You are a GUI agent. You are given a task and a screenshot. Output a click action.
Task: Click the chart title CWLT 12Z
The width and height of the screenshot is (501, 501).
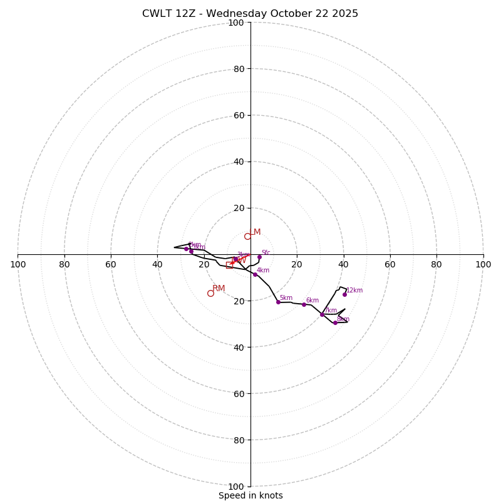tap(250, 14)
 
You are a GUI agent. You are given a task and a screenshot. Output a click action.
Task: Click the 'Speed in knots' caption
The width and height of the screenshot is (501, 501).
tap(250, 495)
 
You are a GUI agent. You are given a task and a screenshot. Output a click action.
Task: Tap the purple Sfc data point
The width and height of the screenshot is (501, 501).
tap(259, 257)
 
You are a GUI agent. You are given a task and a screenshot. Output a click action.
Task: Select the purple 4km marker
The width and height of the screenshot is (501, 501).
tap(255, 274)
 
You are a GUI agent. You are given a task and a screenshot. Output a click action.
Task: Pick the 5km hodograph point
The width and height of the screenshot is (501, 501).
tap(278, 302)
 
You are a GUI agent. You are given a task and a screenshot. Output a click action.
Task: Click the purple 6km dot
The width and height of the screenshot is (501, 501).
tap(304, 304)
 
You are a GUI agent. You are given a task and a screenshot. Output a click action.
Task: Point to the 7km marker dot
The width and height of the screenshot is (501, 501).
tap(322, 314)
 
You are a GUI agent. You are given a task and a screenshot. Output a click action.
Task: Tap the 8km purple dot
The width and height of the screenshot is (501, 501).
tap(335, 323)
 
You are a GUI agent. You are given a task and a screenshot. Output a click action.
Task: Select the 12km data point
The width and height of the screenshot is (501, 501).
tap(344, 294)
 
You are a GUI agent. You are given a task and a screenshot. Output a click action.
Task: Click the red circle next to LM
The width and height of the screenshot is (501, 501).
tap(247, 236)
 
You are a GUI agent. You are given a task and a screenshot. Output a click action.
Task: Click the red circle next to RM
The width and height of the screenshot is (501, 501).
tap(210, 293)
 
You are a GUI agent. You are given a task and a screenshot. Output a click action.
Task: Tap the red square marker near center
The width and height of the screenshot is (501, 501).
tap(229, 266)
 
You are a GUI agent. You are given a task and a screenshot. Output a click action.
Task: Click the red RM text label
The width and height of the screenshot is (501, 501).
tap(219, 289)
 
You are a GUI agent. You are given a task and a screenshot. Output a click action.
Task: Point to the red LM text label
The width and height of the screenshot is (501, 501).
tap(256, 232)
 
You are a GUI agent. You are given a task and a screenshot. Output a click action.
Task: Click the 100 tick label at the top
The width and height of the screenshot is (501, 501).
tap(236, 23)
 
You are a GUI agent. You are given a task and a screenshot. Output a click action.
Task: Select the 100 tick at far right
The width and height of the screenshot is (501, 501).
tap(483, 264)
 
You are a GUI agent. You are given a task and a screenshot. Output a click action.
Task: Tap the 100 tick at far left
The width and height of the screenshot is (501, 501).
tap(18, 264)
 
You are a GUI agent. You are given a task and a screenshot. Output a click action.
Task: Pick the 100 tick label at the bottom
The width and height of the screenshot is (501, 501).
tap(236, 487)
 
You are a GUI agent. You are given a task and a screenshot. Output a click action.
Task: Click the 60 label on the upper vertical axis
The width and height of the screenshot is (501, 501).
tap(239, 115)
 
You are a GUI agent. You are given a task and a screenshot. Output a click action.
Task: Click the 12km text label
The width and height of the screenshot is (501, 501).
tap(354, 291)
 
